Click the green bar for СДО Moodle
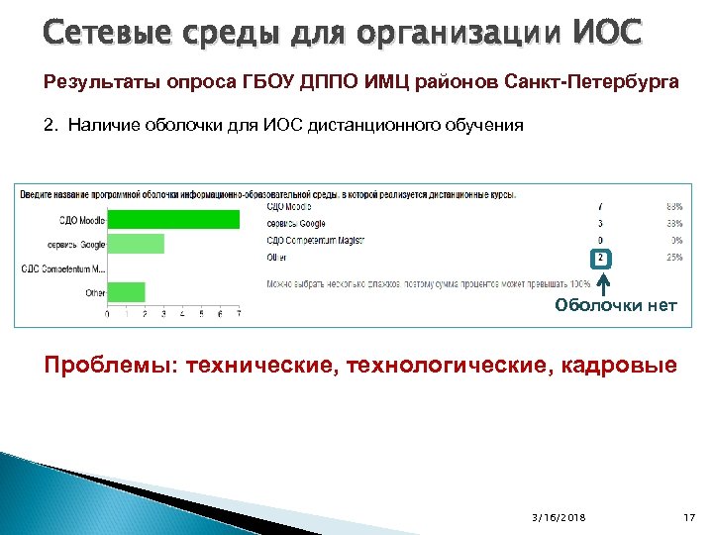(x=173, y=220)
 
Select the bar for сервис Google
(x=136, y=244)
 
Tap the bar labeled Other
(x=126, y=292)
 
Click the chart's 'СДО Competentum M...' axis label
(x=63, y=268)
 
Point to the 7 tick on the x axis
(x=239, y=315)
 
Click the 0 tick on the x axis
(x=108, y=315)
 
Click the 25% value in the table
(x=674, y=258)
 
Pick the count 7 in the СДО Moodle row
(x=600, y=207)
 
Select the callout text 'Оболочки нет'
(x=615, y=305)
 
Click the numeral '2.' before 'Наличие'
(x=51, y=126)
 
